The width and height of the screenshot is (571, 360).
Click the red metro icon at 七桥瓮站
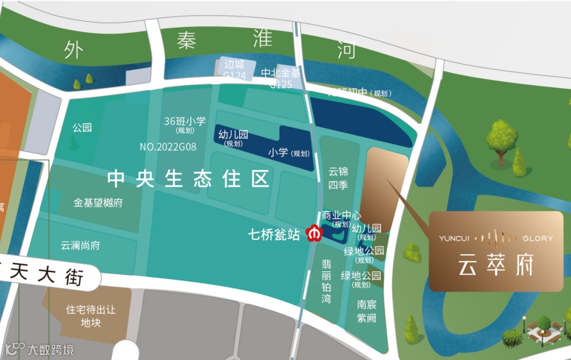pyautogui.click(x=315, y=233)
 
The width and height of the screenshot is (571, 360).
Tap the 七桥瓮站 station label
pyautogui.click(x=274, y=234)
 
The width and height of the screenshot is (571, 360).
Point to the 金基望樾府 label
pyautogui.click(x=98, y=202)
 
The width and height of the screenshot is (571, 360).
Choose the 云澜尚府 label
pyautogui.click(x=80, y=245)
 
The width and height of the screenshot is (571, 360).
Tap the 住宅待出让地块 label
pyautogui.click(x=90, y=316)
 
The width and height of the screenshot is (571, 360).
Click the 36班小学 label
pyautogui.click(x=185, y=121)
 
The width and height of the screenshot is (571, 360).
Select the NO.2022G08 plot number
pyautogui.click(x=168, y=146)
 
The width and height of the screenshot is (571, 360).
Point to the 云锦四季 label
pyautogui.click(x=338, y=178)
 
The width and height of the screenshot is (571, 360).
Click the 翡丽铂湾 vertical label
pyautogui.click(x=327, y=280)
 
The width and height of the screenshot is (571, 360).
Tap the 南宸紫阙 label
pyautogui.click(x=366, y=311)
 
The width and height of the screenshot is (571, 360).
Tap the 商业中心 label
pyautogui.click(x=342, y=216)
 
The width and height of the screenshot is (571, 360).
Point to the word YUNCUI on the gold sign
pyautogui.click(x=454, y=238)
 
